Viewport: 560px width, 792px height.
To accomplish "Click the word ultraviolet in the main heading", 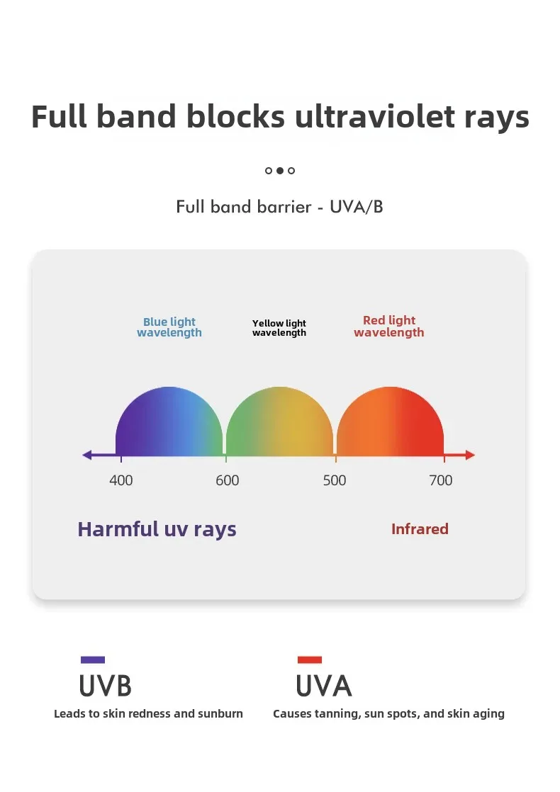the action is (x=375, y=117).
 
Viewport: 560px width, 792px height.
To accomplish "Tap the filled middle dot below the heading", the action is (x=280, y=171).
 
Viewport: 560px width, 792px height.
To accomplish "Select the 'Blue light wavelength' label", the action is (x=169, y=327).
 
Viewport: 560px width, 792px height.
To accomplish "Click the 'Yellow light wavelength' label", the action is (x=279, y=328).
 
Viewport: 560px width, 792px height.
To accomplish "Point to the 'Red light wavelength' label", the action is (x=389, y=327).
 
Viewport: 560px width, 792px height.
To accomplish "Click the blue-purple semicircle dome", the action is (x=169, y=422).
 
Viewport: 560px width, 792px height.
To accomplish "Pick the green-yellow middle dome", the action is (x=279, y=422).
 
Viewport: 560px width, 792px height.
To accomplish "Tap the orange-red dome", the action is (x=390, y=422).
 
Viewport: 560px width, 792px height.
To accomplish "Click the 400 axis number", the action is (x=121, y=480).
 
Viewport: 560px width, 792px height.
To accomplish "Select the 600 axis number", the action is (x=228, y=480).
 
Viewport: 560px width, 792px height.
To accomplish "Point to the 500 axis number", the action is (x=335, y=480).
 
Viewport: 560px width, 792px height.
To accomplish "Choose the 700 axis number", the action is (x=441, y=480).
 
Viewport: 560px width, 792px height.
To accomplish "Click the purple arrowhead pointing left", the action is (x=87, y=455).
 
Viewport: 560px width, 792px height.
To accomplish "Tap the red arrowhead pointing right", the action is (x=471, y=455).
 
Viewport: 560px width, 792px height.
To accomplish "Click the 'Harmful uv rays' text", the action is (x=157, y=530).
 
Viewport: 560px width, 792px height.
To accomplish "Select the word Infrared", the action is (x=420, y=529).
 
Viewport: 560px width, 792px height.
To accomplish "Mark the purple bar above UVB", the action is (x=93, y=660).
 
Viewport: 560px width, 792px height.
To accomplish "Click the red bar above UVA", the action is (x=310, y=660).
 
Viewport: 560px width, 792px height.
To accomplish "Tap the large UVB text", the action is (x=106, y=686).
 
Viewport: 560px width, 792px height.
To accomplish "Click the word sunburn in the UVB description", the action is (x=220, y=713).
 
